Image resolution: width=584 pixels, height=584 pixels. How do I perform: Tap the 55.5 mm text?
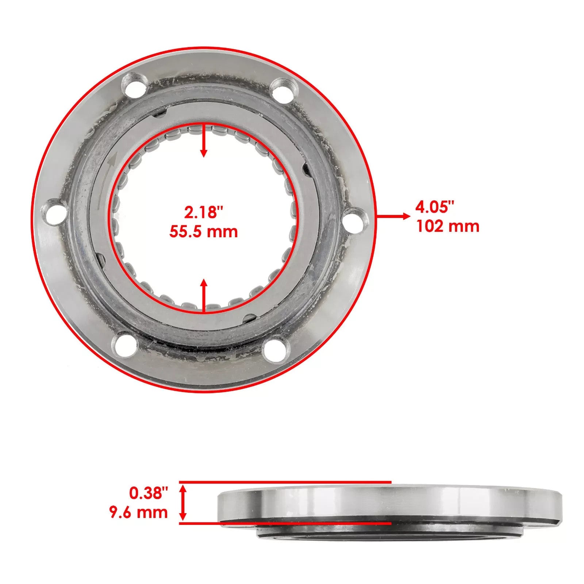tap(203, 232)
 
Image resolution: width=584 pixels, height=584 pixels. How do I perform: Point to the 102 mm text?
tap(447, 227)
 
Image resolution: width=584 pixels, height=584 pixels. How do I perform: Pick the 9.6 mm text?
tap(138, 512)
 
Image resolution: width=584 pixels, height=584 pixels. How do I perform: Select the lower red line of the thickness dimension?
tap(285, 523)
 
